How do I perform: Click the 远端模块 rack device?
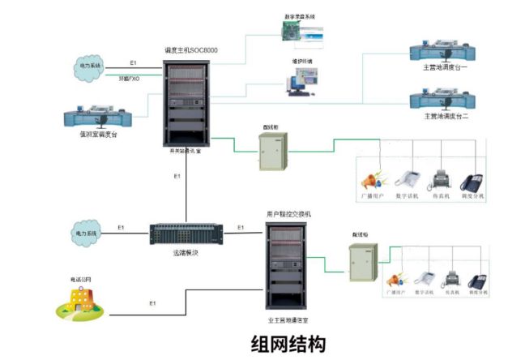[184, 234]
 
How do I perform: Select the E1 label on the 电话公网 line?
[152, 303]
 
